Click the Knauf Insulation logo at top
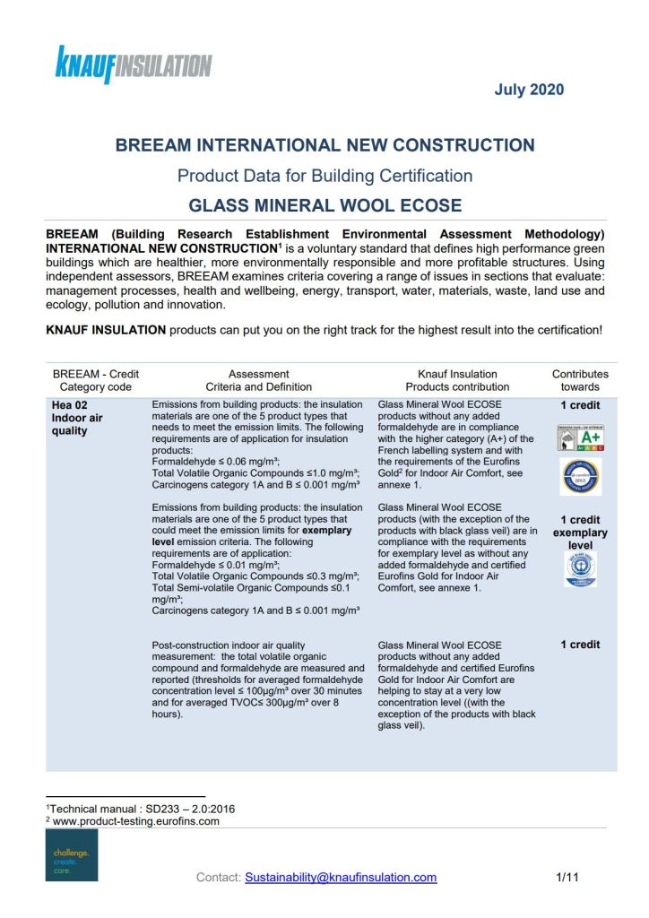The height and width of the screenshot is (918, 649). (134, 65)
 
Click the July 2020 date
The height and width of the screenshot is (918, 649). (529, 90)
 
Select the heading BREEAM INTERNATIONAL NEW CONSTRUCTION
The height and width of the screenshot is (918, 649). (324, 145)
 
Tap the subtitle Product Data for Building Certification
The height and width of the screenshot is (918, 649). (324, 176)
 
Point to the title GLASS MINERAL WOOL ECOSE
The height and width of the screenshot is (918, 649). (324, 205)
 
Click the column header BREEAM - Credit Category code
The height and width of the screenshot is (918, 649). (96, 380)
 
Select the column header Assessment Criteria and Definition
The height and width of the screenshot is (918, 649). (258, 380)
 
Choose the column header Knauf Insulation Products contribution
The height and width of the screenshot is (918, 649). (457, 380)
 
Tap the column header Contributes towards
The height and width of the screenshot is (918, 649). (579, 380)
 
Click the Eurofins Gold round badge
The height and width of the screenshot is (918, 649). (580, 476)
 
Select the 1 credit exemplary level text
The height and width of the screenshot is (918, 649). (580, 533)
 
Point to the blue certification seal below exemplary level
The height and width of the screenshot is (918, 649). (580, 570)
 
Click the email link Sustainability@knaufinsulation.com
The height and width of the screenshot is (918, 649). (341, 878)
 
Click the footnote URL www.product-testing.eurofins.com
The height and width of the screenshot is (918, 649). (135, 820)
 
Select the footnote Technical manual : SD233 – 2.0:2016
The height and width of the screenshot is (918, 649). (141, 808)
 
